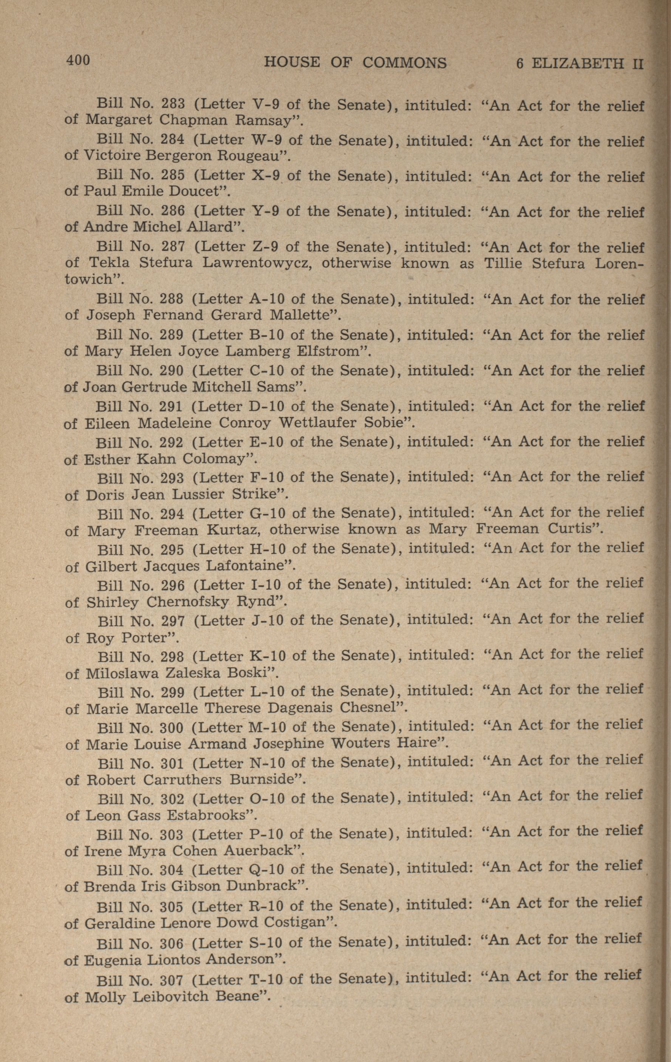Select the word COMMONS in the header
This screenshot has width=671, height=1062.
point(404,63)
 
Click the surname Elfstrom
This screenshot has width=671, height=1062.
point(332,351)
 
